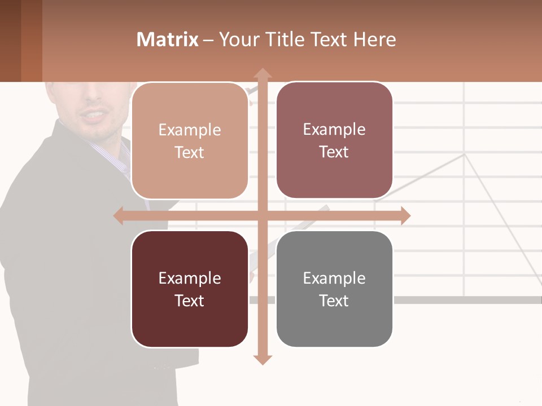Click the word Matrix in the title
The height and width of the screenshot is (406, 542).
167,39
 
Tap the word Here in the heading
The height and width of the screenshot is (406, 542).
374,39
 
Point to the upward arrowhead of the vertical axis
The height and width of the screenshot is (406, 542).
262,73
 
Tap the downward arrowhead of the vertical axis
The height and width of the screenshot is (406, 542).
262,359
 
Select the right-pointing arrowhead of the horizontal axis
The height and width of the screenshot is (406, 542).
405,215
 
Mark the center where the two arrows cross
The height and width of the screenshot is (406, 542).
262,215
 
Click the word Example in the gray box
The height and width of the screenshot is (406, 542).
334,278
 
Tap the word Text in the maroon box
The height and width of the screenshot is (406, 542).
190,301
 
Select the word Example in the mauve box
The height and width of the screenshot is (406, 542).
334,129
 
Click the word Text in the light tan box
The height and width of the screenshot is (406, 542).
190,152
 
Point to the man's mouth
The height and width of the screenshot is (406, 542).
93,116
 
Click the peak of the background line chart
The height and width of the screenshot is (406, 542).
465,154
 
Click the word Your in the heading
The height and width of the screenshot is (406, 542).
241,39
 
